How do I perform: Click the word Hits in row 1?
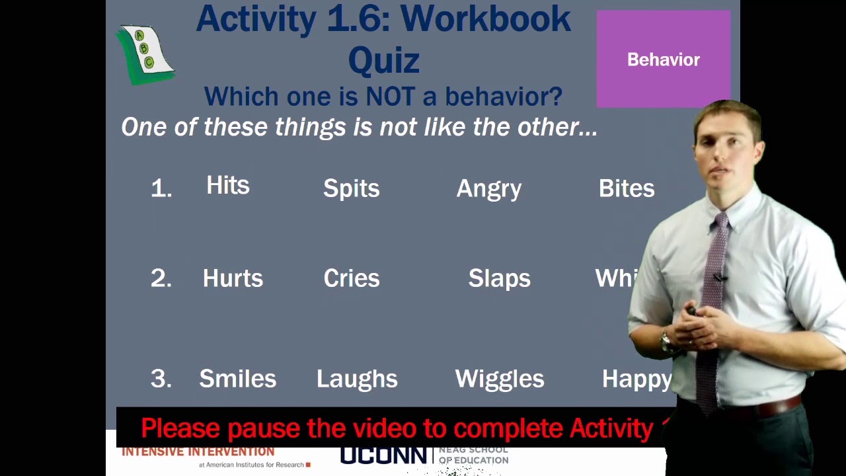pyautogui.click(x=228, y=186)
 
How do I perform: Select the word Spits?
pyautogui.click(x=351, y=188)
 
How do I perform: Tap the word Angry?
pyautogui.click(x=489, y=188)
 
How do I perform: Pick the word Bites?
pyautogui.click(x=627, y=188)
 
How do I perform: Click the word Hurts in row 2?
pyautogui.click(x=233, y=278)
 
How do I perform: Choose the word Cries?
pyautogui.click(x=351, y=278)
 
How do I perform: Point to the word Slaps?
pyautogui.click(x=499, y=278)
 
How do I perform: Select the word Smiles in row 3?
pyautogui.click(x=237, y=379)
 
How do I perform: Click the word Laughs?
pyautogui.click(x=357, y=379)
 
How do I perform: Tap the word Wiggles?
pyautogui.click(x=500, y=379)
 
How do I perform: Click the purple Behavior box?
pyautogui.click(x=663, y=59)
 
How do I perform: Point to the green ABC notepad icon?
pyautogui.click(x=145, y=54)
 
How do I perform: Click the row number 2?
pyautogui.click(x=161, y=278)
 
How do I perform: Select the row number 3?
pyautogui.click(x=161, y=379)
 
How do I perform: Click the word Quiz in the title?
pyautogui.click(x=383, y=61)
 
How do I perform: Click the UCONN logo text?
pyautogui.click(x=383, y=456)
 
